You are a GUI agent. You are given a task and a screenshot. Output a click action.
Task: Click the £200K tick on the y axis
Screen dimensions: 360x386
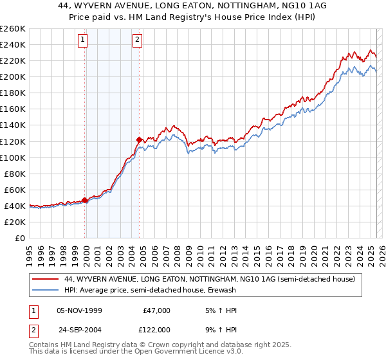(x=13, y=76)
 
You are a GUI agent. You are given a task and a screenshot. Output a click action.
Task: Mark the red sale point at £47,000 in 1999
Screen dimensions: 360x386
(x=85, y=200)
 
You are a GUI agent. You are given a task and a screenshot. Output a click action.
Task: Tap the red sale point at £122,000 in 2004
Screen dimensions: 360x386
(x=139, y=139)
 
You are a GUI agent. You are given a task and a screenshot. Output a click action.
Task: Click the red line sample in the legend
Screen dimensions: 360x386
(x=46, y=279)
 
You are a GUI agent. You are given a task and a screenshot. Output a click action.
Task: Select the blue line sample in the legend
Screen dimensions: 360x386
(x=46, y=291)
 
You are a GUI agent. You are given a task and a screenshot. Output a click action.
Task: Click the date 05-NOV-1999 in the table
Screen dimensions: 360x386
(x=80, y=310)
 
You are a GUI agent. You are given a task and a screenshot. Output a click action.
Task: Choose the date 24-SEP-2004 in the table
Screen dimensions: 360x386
(x=80, y=329)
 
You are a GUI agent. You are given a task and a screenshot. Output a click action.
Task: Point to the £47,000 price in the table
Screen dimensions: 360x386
(x=156, y=310)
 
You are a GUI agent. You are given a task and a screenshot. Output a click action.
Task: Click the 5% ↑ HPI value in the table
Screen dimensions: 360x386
(x=221, y=310)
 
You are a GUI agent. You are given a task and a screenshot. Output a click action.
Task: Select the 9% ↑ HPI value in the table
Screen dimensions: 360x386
(x=221, y=329)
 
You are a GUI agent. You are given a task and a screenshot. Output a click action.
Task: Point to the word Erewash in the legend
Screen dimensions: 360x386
(x=219, y=291)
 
